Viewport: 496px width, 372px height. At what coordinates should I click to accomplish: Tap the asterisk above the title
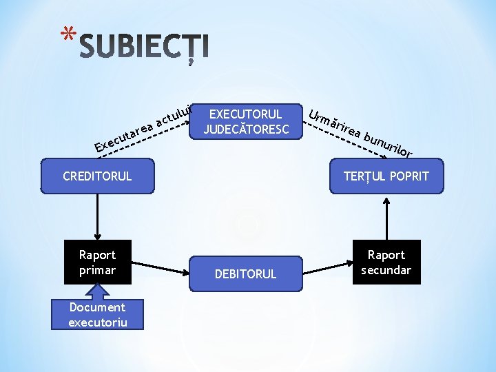click(x=66, y=35)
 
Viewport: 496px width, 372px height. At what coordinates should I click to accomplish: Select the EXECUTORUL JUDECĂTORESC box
click(x=246, y=121)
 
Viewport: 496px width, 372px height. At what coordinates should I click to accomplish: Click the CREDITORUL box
click(x=97, y=176)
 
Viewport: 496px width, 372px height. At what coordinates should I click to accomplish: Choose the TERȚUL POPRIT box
click(x=386, y=176)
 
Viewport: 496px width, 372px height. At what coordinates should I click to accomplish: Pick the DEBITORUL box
click(x=246, y=273)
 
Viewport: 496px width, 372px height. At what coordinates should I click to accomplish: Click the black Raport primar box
click(x=97, y=262)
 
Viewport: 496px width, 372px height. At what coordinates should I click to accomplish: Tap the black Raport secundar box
click(x=386, y=262)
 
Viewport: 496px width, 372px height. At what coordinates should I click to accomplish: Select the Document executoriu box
click(x=97, y=314)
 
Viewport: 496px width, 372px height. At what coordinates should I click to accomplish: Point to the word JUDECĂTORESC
click(x=246, y=129)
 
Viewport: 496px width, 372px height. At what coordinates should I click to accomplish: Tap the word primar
click(x=97, y=270)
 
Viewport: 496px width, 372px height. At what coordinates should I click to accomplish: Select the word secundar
click(x=386, y=270)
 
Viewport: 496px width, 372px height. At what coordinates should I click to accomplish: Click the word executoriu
click(x=97, y=322)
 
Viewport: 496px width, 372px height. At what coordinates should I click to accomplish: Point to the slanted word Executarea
click(x=125, y=134)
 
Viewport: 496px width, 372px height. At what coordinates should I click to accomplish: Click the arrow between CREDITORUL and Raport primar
click(x=97, y=216)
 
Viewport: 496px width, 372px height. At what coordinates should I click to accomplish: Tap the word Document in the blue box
click(x=97, y=307)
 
